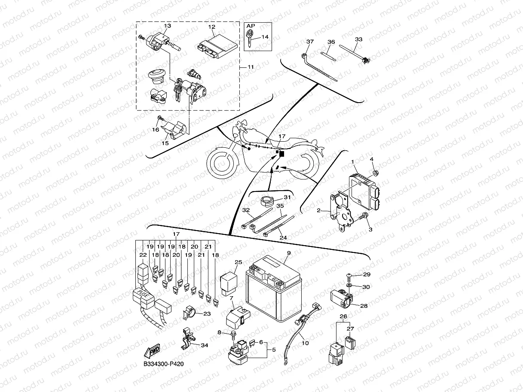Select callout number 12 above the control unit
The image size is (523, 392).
[x=211, y=27]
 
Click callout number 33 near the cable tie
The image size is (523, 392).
[x=358, y=40]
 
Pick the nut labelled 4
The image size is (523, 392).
[x=375, y=173]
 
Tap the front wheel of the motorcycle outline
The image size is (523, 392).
[x=222, y=164]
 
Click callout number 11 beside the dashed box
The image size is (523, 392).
[x=250, y=67]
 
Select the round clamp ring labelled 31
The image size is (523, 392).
[x=267, y=200]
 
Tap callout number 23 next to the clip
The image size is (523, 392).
[x=207, y=314]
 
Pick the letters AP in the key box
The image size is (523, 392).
[x=251, y=27]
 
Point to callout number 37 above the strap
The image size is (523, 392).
[x=310, y=42]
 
